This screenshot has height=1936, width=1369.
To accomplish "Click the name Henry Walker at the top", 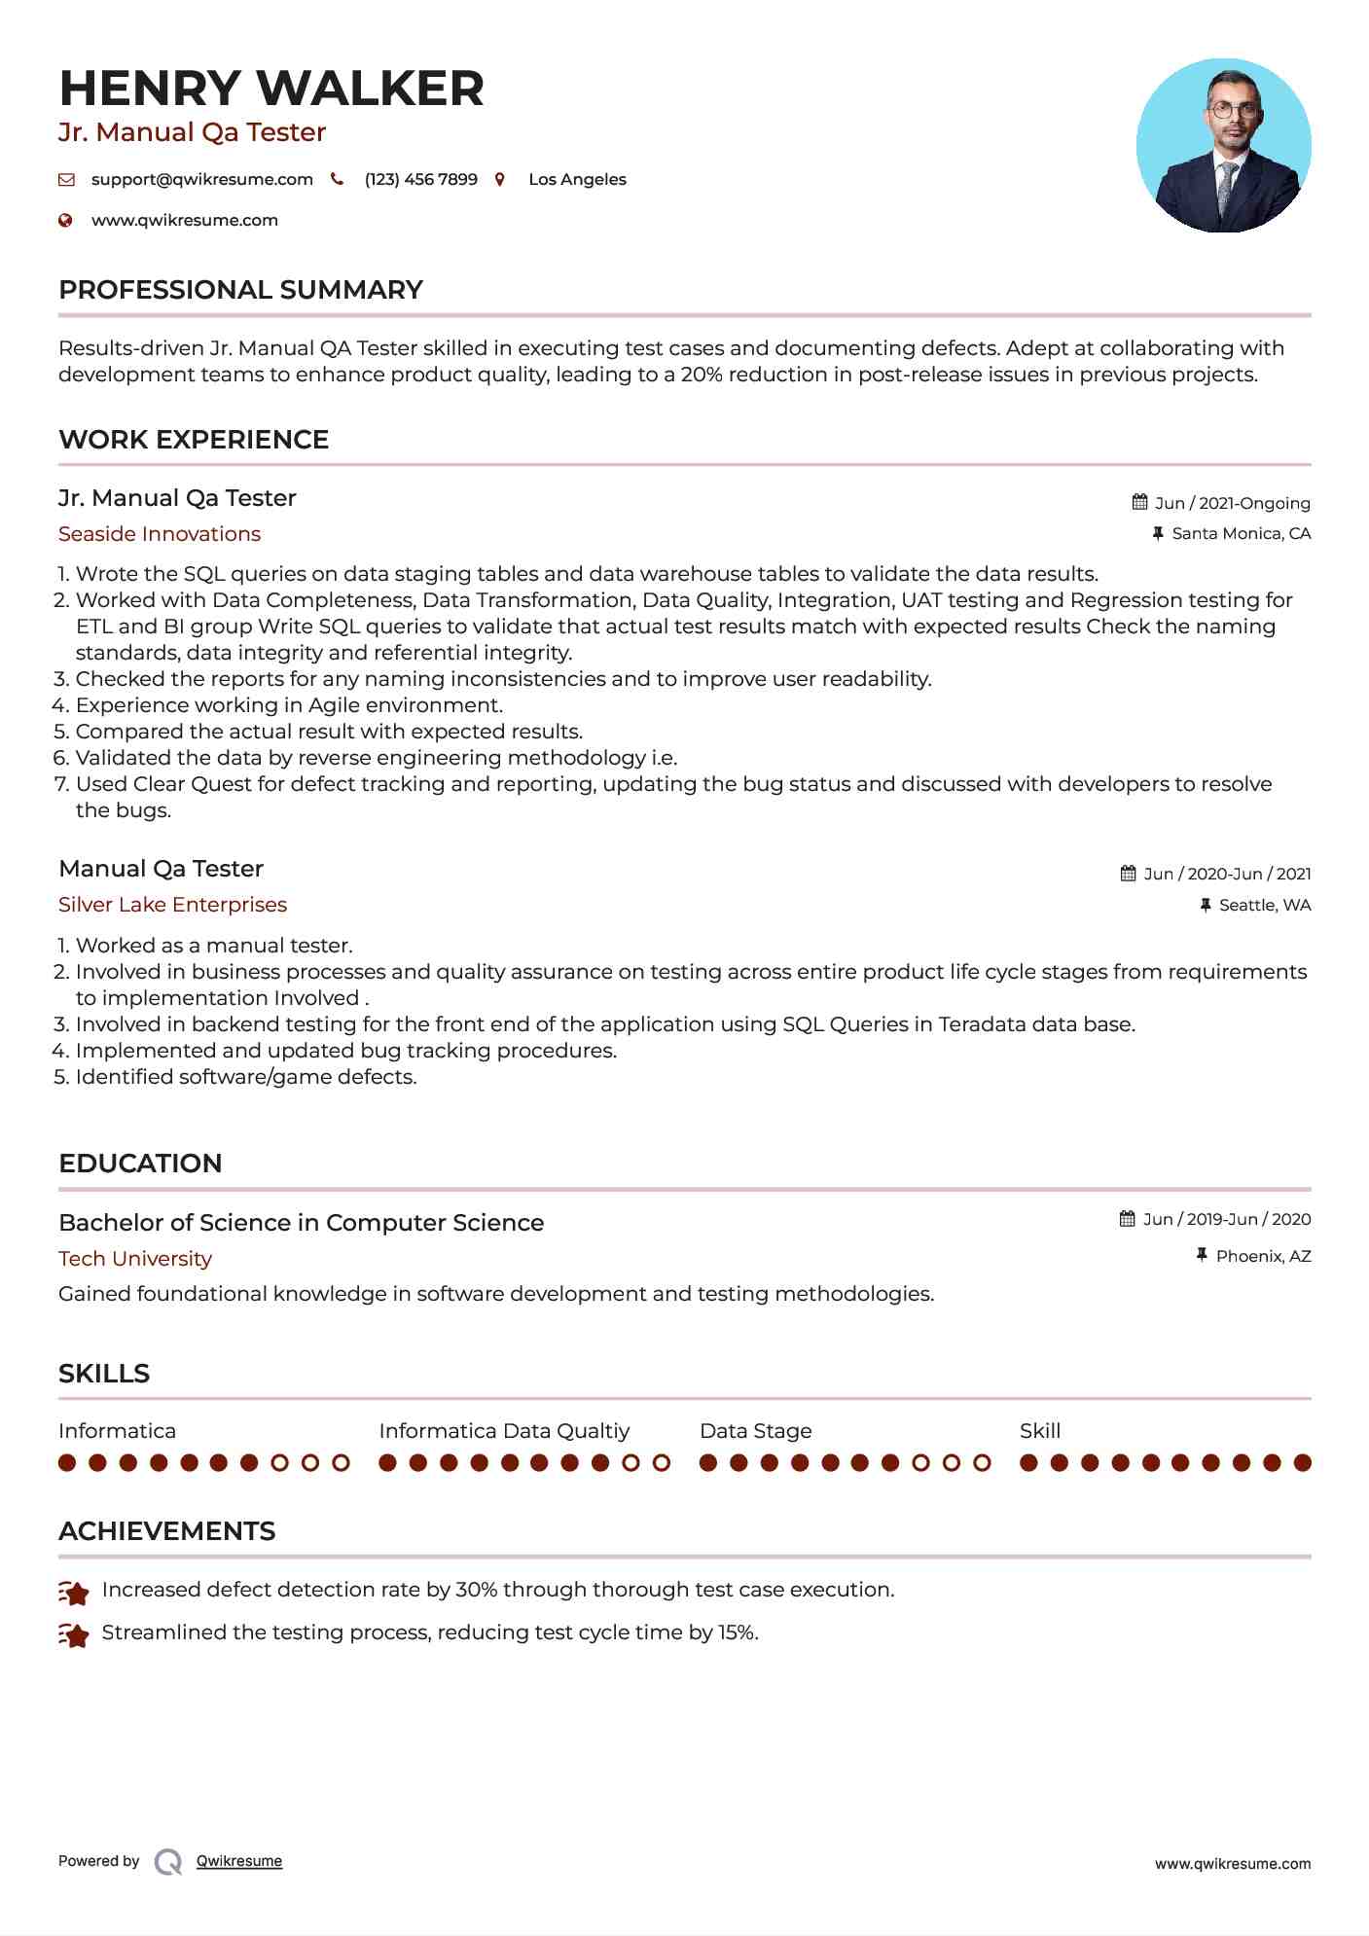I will [271, 89].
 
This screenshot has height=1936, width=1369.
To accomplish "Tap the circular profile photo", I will [1223, 146].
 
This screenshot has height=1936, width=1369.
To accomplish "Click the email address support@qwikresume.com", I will [201, 179].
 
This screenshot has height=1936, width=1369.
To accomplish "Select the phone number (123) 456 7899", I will [420, 179].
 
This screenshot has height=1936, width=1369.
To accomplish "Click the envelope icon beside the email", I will [66, 179].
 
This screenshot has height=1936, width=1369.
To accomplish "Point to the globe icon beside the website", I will [65, 220].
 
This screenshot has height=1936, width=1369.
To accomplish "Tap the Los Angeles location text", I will [577, 179].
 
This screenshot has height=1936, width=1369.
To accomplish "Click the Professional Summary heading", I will [240, 290].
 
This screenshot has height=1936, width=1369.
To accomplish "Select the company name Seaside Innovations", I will [160, 534].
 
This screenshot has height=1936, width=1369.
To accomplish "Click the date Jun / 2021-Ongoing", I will [1232, 503].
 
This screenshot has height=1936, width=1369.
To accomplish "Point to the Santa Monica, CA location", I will [1241, 533].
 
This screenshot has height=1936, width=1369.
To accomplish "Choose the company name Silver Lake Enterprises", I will [172, 905].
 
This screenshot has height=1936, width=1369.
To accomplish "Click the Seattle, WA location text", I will [1264, 905].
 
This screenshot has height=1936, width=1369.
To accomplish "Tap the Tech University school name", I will [135, 1259].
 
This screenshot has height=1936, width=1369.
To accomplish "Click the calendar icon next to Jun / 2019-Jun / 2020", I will [1127, 1219].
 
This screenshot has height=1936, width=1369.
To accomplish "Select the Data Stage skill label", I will [755, 1431].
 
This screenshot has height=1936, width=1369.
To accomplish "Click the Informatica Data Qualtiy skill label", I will [504, 1431].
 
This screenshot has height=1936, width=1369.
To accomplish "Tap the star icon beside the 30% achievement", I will [74, 1593].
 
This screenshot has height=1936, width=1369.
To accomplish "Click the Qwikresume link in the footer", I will [239, 1861].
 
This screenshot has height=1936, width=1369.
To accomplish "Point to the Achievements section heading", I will [166, 1531].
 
